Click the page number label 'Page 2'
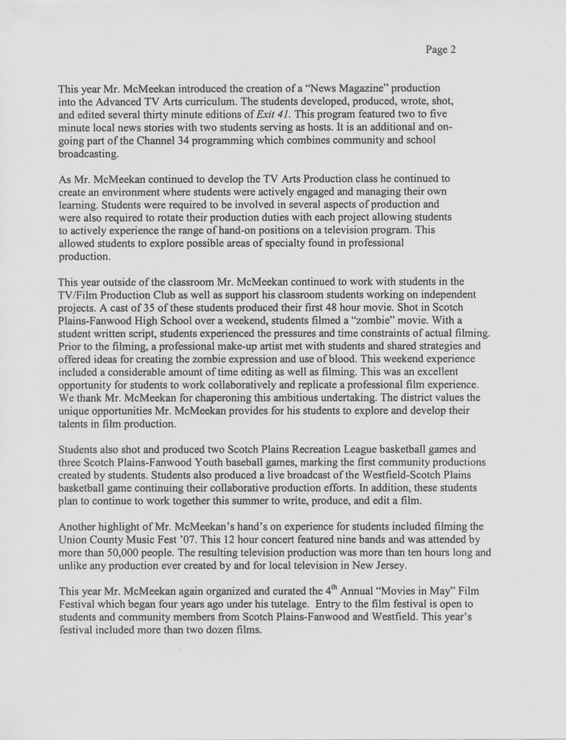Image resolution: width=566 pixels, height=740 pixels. [440, 50]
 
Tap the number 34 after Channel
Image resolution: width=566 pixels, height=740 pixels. [182, 140]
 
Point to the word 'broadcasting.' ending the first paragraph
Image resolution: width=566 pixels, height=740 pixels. [89, 154]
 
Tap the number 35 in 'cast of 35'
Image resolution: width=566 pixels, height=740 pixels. [149, 308]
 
